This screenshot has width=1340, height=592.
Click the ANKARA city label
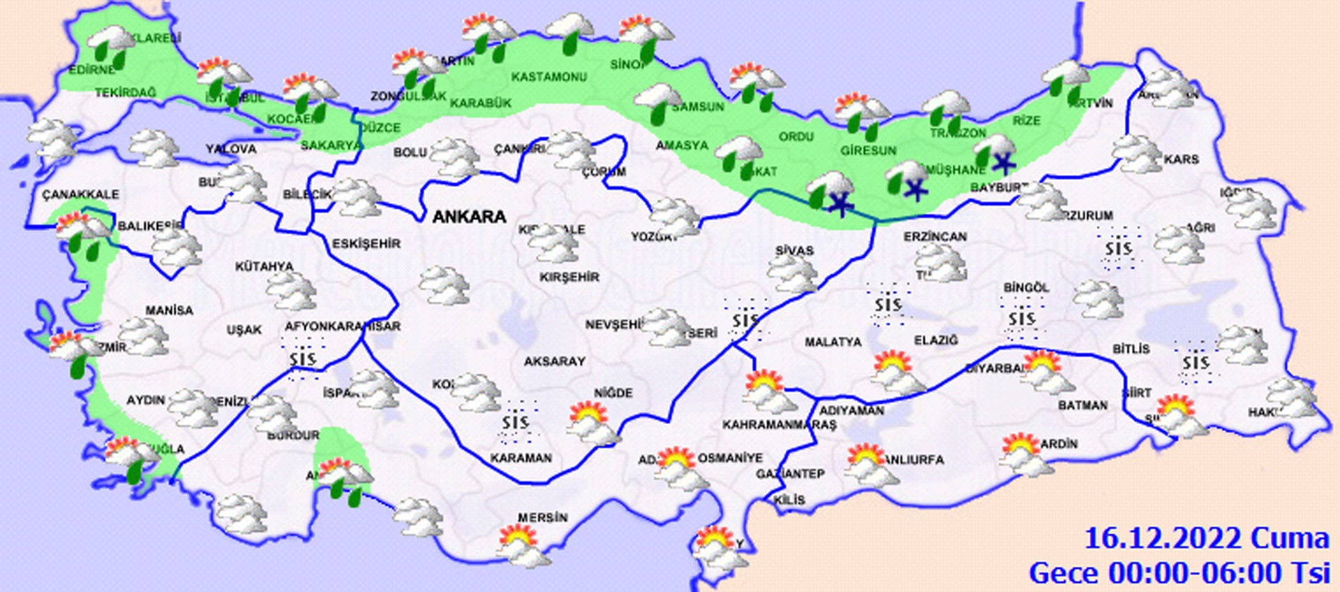click(x=469, y=217)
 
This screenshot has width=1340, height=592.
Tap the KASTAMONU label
click(x=549, y=77)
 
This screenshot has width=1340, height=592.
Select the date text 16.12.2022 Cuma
click(x=1206, y=539)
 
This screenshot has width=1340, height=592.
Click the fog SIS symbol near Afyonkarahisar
click(x=303, y=358)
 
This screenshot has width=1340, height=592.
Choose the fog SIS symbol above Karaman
click(x=516, y=422)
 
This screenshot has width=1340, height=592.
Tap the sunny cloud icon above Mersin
click(x=522, y=545)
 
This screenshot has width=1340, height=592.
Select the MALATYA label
click(x=833, y=342)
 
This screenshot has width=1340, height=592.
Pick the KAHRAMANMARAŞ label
click(x=779, y=425)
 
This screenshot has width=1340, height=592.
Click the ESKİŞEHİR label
click(x=366, y=244)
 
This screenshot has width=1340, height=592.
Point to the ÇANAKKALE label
click(x=80, y=195)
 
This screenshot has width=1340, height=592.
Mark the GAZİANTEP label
click(x=790, y=474)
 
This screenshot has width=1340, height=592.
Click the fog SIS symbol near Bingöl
click(x=1022, y=319)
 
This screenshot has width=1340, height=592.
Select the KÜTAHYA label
click(x=265, y=266)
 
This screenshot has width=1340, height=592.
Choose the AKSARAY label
click(x=555, y=361)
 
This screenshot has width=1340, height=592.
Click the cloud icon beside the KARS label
click(x=1137, y=153)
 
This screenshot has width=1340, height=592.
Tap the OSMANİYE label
click(x=730, y=458)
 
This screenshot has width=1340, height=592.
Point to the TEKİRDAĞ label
click(x=126, y=93)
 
